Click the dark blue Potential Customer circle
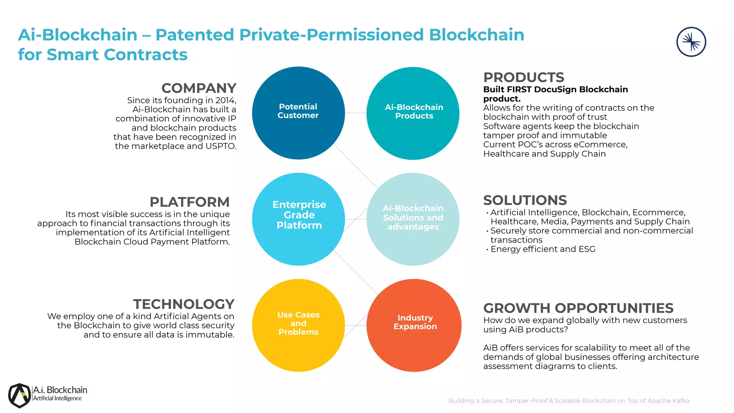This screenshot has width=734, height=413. (298, 113)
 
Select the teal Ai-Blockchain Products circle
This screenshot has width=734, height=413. (413, 113)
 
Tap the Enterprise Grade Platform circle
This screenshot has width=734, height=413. (299, 219)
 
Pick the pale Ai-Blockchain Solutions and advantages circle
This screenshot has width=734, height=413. (413, 219)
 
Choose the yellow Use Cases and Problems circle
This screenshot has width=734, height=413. (299, 325)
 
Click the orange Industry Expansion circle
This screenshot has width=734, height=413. (414, 325)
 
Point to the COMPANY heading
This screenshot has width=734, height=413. (199, 88)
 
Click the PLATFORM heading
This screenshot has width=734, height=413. (189, 202)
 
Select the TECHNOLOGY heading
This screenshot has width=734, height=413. (183, 304)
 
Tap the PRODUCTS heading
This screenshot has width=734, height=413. (524, 77)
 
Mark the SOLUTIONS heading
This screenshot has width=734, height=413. (525, 200)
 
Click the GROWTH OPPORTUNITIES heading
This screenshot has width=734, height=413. (578, 308)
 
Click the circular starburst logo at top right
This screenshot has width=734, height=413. (691, 42)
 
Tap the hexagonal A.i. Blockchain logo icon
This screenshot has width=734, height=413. (20, 395)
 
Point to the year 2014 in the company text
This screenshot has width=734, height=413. (225, 100)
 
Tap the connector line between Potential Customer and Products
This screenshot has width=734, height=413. (356, 113)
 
